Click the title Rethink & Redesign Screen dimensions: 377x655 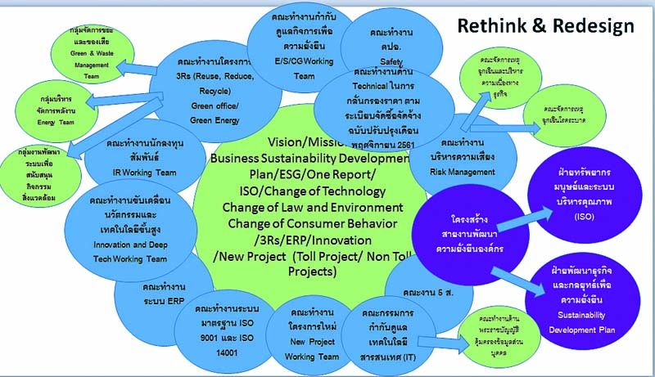tap(545, 25)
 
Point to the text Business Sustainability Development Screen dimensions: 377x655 tap(309, 158)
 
